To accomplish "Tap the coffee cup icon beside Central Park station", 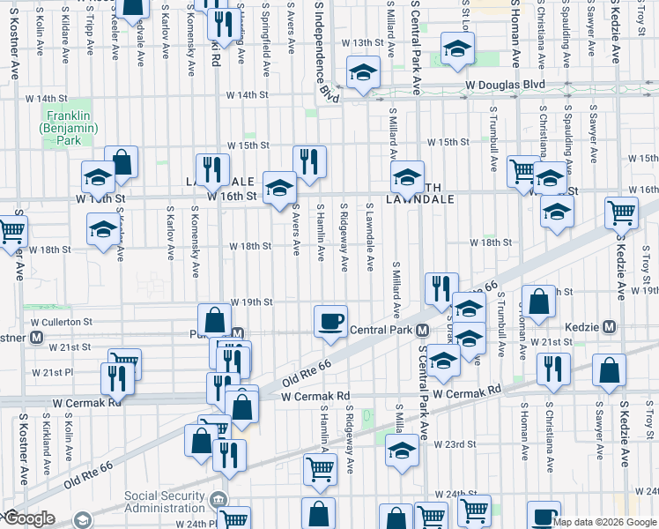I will [x=330, y=322].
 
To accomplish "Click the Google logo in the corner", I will [x=28, y=518].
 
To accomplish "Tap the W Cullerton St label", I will [x=63, y=322].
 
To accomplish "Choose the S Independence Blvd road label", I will [x=323, y=48].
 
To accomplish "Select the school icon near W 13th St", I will [x=457, y=50].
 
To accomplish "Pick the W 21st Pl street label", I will [x=70, y=372].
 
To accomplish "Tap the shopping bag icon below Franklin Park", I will [x=122, y=162].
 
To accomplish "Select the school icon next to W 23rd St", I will [x=402, y=450].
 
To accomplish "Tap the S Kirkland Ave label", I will [x=43, y=436].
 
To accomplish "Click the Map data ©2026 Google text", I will [x=604, y=522].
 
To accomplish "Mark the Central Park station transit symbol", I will [x=424, y=331].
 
